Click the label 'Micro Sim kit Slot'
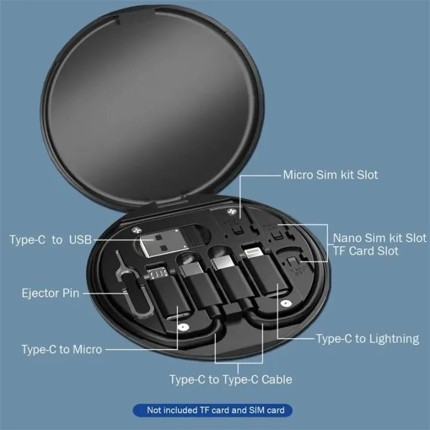click(330, 175)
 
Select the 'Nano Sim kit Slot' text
click(379, 237)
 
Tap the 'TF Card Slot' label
click(365, 251)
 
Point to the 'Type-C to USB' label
click(51, 240)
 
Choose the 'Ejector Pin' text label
click(50, 293)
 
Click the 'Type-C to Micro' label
click(62, 349)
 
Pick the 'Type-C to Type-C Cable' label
click(231, 379)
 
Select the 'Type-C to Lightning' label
click(367, 339)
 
